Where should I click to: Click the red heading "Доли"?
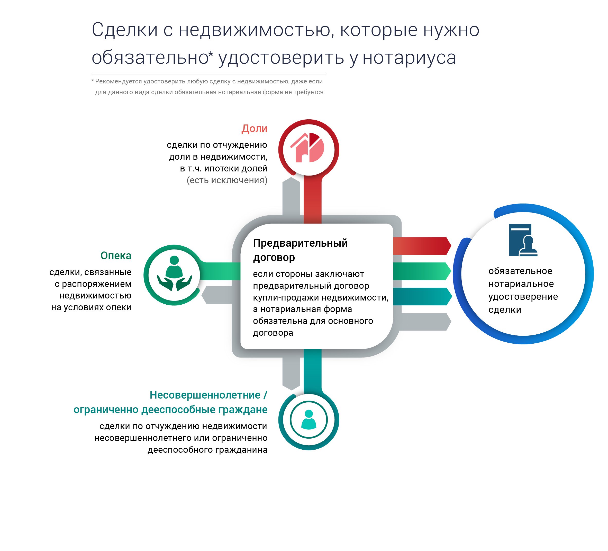(254, 129)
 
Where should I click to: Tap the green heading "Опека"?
(116, 256)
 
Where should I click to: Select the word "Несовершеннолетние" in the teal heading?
(205, 395)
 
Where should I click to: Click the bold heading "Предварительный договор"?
(300, 250)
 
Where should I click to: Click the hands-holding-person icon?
(174, 273)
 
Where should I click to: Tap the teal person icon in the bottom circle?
(308, 419)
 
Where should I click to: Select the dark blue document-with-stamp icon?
(523, 240)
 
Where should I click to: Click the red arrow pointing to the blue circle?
(422, 246)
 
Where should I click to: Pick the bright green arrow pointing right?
(422, 271)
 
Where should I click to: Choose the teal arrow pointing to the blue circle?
(422, 297)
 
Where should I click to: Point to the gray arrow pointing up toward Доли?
(291, 196)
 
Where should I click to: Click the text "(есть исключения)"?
(227, 180)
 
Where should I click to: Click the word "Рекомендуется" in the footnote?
(119, 81)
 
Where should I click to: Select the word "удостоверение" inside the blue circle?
(523, 297)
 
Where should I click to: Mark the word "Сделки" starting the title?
(124, 30)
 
